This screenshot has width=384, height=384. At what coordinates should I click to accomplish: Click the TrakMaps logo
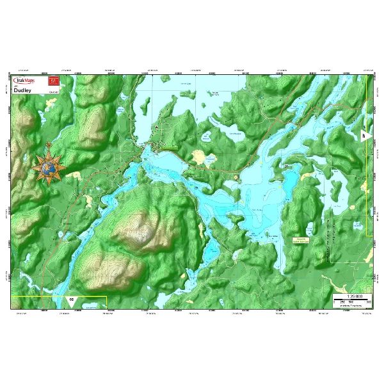pos(29,81)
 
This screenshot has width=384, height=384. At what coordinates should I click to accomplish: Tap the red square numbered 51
pos(54,81)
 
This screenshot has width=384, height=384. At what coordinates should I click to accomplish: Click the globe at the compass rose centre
pos(48,168)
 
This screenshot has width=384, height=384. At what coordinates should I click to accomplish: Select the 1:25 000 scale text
pos(354,296)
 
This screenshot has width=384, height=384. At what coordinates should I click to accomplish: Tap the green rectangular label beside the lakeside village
pos(168,148)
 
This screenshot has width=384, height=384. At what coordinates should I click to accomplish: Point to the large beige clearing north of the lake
pos(200,157)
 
